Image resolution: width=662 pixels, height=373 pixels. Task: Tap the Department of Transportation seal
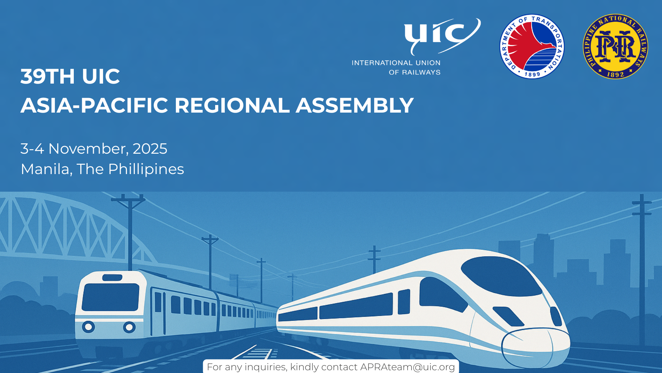point(532,47)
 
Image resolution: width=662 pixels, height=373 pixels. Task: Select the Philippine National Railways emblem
point(615,47)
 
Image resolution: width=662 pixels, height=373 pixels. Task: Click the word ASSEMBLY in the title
point(355,105)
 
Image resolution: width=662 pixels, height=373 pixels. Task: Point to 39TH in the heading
point(48,76)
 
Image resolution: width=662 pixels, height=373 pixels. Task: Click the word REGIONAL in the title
point(232,105)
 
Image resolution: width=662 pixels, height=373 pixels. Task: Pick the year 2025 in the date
point(150,149)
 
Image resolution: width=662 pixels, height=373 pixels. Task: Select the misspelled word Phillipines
point(146,170)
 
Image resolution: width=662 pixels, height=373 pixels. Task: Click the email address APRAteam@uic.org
point(408,367)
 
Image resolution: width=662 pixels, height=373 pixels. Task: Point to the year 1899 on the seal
point(532,74)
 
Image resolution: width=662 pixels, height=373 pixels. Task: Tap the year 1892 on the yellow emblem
point(615,74)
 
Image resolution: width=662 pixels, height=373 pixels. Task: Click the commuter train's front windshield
point(110,297)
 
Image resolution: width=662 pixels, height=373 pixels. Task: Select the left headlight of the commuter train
point(88,326)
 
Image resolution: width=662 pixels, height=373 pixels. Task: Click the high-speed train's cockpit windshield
point(502,276)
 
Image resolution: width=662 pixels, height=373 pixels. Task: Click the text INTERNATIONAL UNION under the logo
point(396,63)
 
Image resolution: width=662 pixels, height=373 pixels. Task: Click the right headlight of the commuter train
point(129,327)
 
